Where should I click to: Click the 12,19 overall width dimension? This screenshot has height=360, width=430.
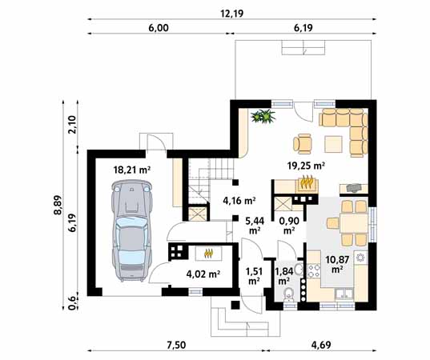[232, 14]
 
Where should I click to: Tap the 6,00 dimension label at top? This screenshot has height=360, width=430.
[159, 28]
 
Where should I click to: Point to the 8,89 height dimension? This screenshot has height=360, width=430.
[58, 205]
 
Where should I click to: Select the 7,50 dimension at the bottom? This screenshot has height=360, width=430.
[175, 345]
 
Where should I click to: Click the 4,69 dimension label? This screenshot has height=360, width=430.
[320, 345]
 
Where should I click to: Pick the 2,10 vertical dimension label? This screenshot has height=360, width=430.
[72, 125]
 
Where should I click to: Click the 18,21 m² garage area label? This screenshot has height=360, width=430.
[132, 170]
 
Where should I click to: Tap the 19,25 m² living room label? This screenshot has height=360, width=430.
[306, 166]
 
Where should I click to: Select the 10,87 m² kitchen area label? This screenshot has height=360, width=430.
[337, 264]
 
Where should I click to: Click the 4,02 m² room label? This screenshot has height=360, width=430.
[203, 274]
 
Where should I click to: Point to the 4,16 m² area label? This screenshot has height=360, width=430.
[239, 201]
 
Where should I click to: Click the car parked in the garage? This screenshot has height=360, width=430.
[131, 230]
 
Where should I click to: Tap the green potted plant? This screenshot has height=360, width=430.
[263, 116]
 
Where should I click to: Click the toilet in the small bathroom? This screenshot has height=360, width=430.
[288, 295]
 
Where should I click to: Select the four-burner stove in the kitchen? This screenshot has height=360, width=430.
[314, 270]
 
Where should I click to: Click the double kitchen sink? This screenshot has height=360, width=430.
[344, 294]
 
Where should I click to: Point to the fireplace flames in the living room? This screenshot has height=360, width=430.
[307, 182]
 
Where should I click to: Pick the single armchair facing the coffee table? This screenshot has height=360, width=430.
[302, 143]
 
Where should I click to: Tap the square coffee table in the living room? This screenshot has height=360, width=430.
[333, 144]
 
